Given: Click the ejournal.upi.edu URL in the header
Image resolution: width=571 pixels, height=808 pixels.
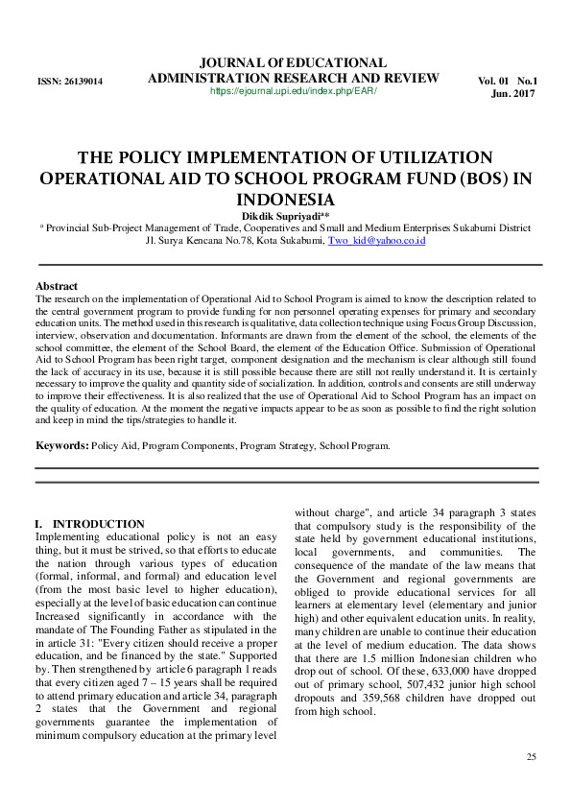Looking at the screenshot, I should click(294, 91).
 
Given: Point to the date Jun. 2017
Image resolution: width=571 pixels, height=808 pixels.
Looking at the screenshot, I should click(513, 94).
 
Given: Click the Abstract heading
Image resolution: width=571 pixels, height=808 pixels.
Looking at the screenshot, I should click(57, 287).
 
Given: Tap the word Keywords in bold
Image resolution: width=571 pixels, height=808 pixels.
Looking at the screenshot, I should click(60, 446).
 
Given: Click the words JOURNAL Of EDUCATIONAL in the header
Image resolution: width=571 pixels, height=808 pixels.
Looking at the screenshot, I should click(294, 61).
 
